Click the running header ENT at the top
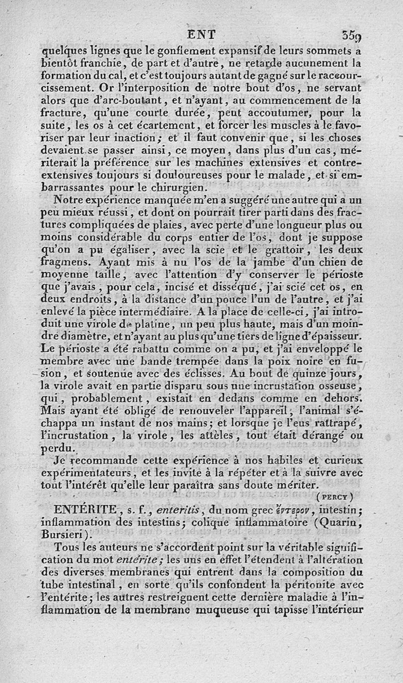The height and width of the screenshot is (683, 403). tap(201, 34)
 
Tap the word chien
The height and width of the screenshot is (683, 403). tap(335, 262)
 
